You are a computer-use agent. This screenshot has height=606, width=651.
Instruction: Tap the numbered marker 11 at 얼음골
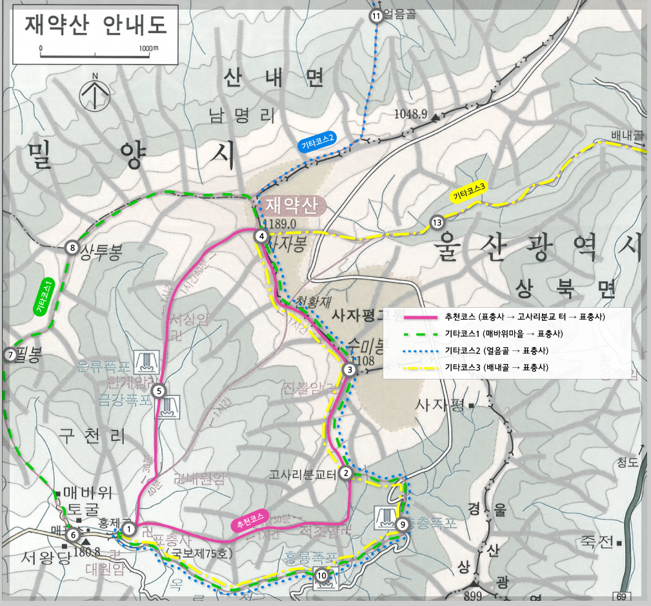click(x=377, y=16)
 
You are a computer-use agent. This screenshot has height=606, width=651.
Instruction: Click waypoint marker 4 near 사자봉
click(x=261, y=236)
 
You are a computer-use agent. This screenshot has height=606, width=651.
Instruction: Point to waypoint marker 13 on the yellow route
click(x=437, y=223)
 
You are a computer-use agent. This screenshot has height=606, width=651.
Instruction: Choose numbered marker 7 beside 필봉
click(x=10, y=354)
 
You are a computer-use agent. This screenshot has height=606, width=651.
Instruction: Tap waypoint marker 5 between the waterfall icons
click(x=159, y=390)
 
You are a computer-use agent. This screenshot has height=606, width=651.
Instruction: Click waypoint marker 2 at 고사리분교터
click(x=346, y=473)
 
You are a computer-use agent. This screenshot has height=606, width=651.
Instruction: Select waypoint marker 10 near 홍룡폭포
click(x=322, y=576)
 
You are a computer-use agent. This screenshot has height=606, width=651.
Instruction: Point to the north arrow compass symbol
click(x=94, y=94)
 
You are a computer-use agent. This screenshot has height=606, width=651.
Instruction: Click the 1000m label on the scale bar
click(x=148, y=48)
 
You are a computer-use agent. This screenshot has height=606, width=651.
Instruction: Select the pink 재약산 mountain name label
click(x=292, y=206)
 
